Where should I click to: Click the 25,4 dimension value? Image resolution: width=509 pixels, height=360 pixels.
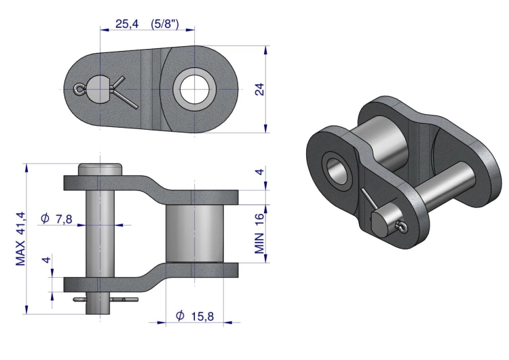[127, 24]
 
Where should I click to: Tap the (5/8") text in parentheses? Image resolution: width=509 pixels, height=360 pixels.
[165, 24]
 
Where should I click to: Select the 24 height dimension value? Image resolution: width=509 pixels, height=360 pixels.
[260, 90]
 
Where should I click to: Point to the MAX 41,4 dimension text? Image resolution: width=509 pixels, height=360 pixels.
[20, 238]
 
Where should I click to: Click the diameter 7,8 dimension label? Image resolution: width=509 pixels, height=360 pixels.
[57, 219]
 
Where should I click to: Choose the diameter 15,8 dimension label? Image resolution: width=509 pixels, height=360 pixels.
[195, 316]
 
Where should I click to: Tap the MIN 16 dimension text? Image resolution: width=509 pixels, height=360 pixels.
[260, 233]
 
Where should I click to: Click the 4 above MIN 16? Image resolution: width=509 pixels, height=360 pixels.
[260, 171]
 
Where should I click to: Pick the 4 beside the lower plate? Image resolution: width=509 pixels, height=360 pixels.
[47, 260]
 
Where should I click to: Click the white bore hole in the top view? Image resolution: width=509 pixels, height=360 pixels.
[195, 89]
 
